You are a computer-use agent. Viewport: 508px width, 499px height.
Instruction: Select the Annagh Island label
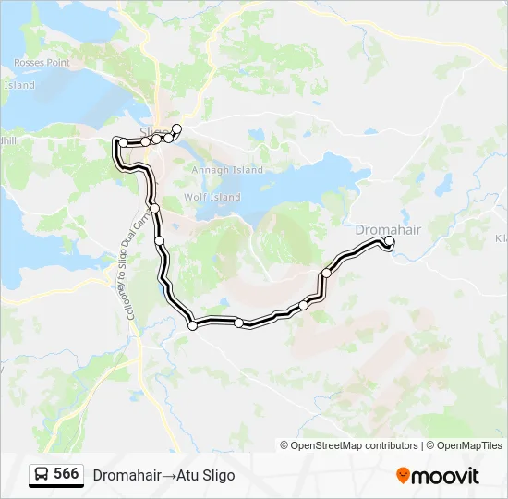click(227, 170)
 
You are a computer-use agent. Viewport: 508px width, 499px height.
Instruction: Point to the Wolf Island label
click(212, 197)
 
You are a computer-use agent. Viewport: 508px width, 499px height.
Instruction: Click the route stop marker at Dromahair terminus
click(389, 242)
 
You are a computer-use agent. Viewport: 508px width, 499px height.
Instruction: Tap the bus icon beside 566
click(42, 475)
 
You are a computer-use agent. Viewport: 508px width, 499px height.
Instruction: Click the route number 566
click(66, 474)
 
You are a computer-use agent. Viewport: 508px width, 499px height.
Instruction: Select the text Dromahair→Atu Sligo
click(163, 475)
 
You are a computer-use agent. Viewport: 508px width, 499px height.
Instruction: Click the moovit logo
click(438, 476)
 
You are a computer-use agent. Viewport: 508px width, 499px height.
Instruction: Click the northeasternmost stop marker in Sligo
click(177, 128)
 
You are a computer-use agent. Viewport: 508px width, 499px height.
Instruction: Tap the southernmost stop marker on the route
click(193, 324)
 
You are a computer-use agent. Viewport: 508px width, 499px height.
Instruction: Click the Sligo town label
click(153, 130)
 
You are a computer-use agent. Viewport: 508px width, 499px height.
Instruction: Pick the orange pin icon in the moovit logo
click(403, 476)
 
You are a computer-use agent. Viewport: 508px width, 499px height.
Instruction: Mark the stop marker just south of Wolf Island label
click(156, 208)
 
